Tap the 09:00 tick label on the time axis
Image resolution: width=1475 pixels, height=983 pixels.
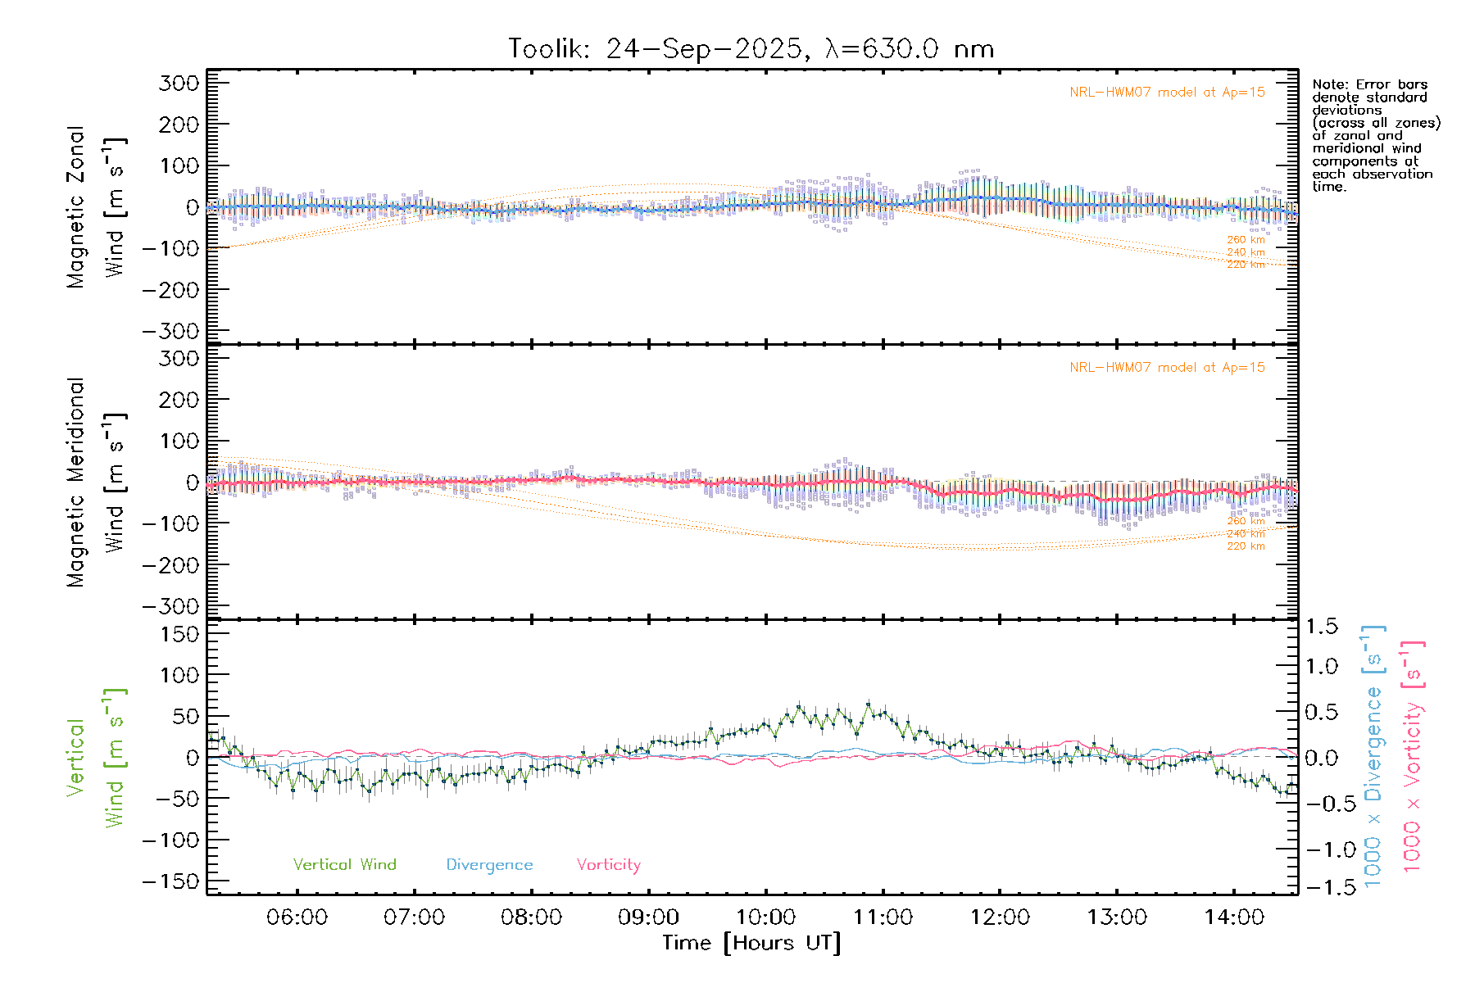point(648,917)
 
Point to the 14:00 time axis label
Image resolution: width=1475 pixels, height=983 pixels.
point(1234,917)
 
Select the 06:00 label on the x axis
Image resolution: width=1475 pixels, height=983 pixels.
point(297,917)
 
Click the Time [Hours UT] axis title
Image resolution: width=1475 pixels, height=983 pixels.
point(751,943)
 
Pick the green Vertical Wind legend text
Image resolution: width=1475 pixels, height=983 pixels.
point(344,864)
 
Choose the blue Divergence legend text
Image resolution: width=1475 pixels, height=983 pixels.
point(489,864)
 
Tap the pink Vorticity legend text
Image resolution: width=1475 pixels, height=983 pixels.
point(608,864)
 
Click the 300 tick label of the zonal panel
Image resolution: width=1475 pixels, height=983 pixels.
point(179,83)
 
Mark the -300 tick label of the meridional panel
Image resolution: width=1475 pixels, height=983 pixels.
point(171,606)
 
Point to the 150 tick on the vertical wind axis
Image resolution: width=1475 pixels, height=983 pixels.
point(179,634)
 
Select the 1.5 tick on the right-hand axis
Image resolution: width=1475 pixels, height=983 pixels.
point(1322,627)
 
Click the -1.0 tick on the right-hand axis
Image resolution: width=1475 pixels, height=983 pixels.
point(1322,849)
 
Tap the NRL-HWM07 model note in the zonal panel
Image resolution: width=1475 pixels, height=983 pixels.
point(1167,93)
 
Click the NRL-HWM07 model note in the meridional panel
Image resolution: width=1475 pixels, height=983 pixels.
point(1167,368)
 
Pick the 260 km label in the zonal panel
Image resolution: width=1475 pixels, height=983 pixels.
point(1246,240)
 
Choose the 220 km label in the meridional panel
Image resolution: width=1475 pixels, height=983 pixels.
point(1246,546)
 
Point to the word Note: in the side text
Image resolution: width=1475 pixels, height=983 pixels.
point(1328,84)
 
